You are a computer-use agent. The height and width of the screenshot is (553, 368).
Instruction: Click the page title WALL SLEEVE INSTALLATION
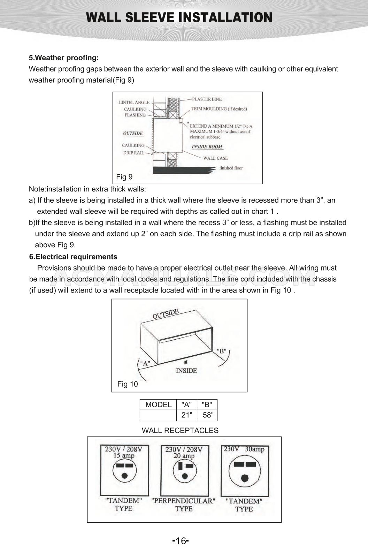coord(179,18)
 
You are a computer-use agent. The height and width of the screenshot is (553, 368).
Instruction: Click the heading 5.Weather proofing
coord(64,58)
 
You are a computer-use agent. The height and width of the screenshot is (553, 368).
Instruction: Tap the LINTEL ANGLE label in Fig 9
coord(134,103)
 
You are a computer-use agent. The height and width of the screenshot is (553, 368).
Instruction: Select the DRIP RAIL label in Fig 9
coord(133,153)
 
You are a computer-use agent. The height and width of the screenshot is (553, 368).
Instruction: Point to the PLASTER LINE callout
coord(207,99)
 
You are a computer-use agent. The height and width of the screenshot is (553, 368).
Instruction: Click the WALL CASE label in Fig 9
coord(215,158)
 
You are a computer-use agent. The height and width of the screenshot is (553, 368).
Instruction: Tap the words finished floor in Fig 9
coord(231,168)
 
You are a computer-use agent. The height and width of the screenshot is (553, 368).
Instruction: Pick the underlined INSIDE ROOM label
coord(207,147)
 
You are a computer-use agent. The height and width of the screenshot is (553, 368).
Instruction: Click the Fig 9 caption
coord(124,177)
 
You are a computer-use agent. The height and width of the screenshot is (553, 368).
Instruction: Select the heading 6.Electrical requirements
coord(73,257)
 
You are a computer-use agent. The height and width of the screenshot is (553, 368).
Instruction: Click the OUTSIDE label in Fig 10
coord(166,313)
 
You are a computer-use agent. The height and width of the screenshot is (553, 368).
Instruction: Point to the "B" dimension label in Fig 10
coord(222,351)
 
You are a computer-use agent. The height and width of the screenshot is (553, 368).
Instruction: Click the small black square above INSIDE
coord(186,362)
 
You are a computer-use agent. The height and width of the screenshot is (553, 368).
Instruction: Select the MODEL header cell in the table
coord(158,405)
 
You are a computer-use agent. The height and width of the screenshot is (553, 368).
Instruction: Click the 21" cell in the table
coord(187,415)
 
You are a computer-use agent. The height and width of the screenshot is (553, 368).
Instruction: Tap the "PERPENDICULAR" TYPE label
coord(183,505)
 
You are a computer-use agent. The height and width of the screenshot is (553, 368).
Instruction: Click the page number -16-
coord(180,541)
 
